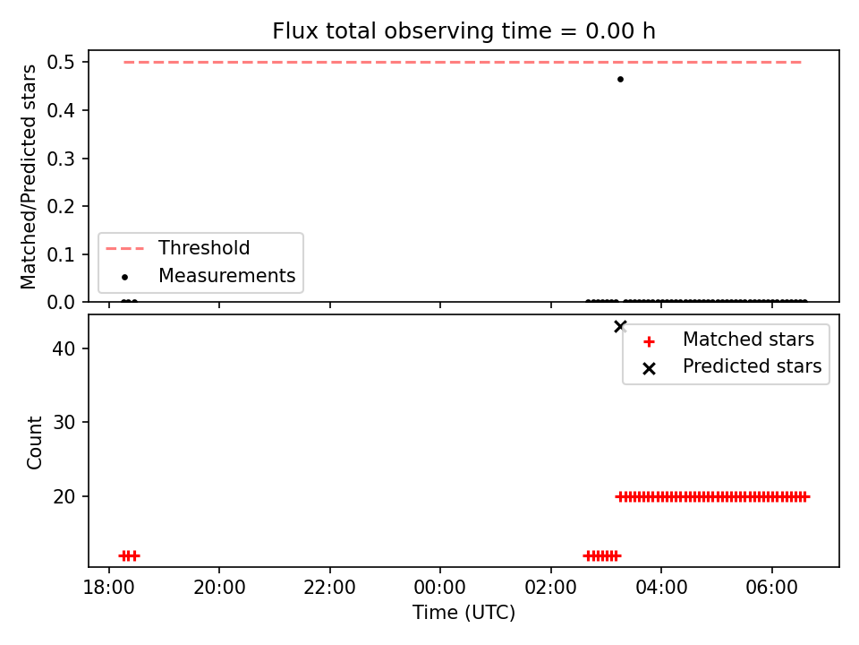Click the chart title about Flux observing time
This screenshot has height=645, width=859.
464,31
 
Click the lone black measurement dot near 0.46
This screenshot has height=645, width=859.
620,79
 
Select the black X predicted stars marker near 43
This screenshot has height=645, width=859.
620,326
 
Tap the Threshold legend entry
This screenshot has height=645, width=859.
177,248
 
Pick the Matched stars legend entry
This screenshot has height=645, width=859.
728,340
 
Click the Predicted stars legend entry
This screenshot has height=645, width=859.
732,366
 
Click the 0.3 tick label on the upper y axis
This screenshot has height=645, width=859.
61,159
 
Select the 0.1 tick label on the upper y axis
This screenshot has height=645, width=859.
61,254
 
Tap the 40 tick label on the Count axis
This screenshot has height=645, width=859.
64,348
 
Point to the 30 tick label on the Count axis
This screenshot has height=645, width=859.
64,422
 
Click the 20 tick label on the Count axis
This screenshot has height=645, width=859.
64,496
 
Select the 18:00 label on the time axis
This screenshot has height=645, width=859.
108,588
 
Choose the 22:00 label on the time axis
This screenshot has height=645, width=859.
330,588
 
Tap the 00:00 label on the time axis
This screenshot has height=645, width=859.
440,588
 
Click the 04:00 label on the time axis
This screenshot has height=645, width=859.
661,588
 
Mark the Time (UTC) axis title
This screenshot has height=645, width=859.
464,613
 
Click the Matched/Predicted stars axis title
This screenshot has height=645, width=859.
29,176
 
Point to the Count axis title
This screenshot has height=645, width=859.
34,442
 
